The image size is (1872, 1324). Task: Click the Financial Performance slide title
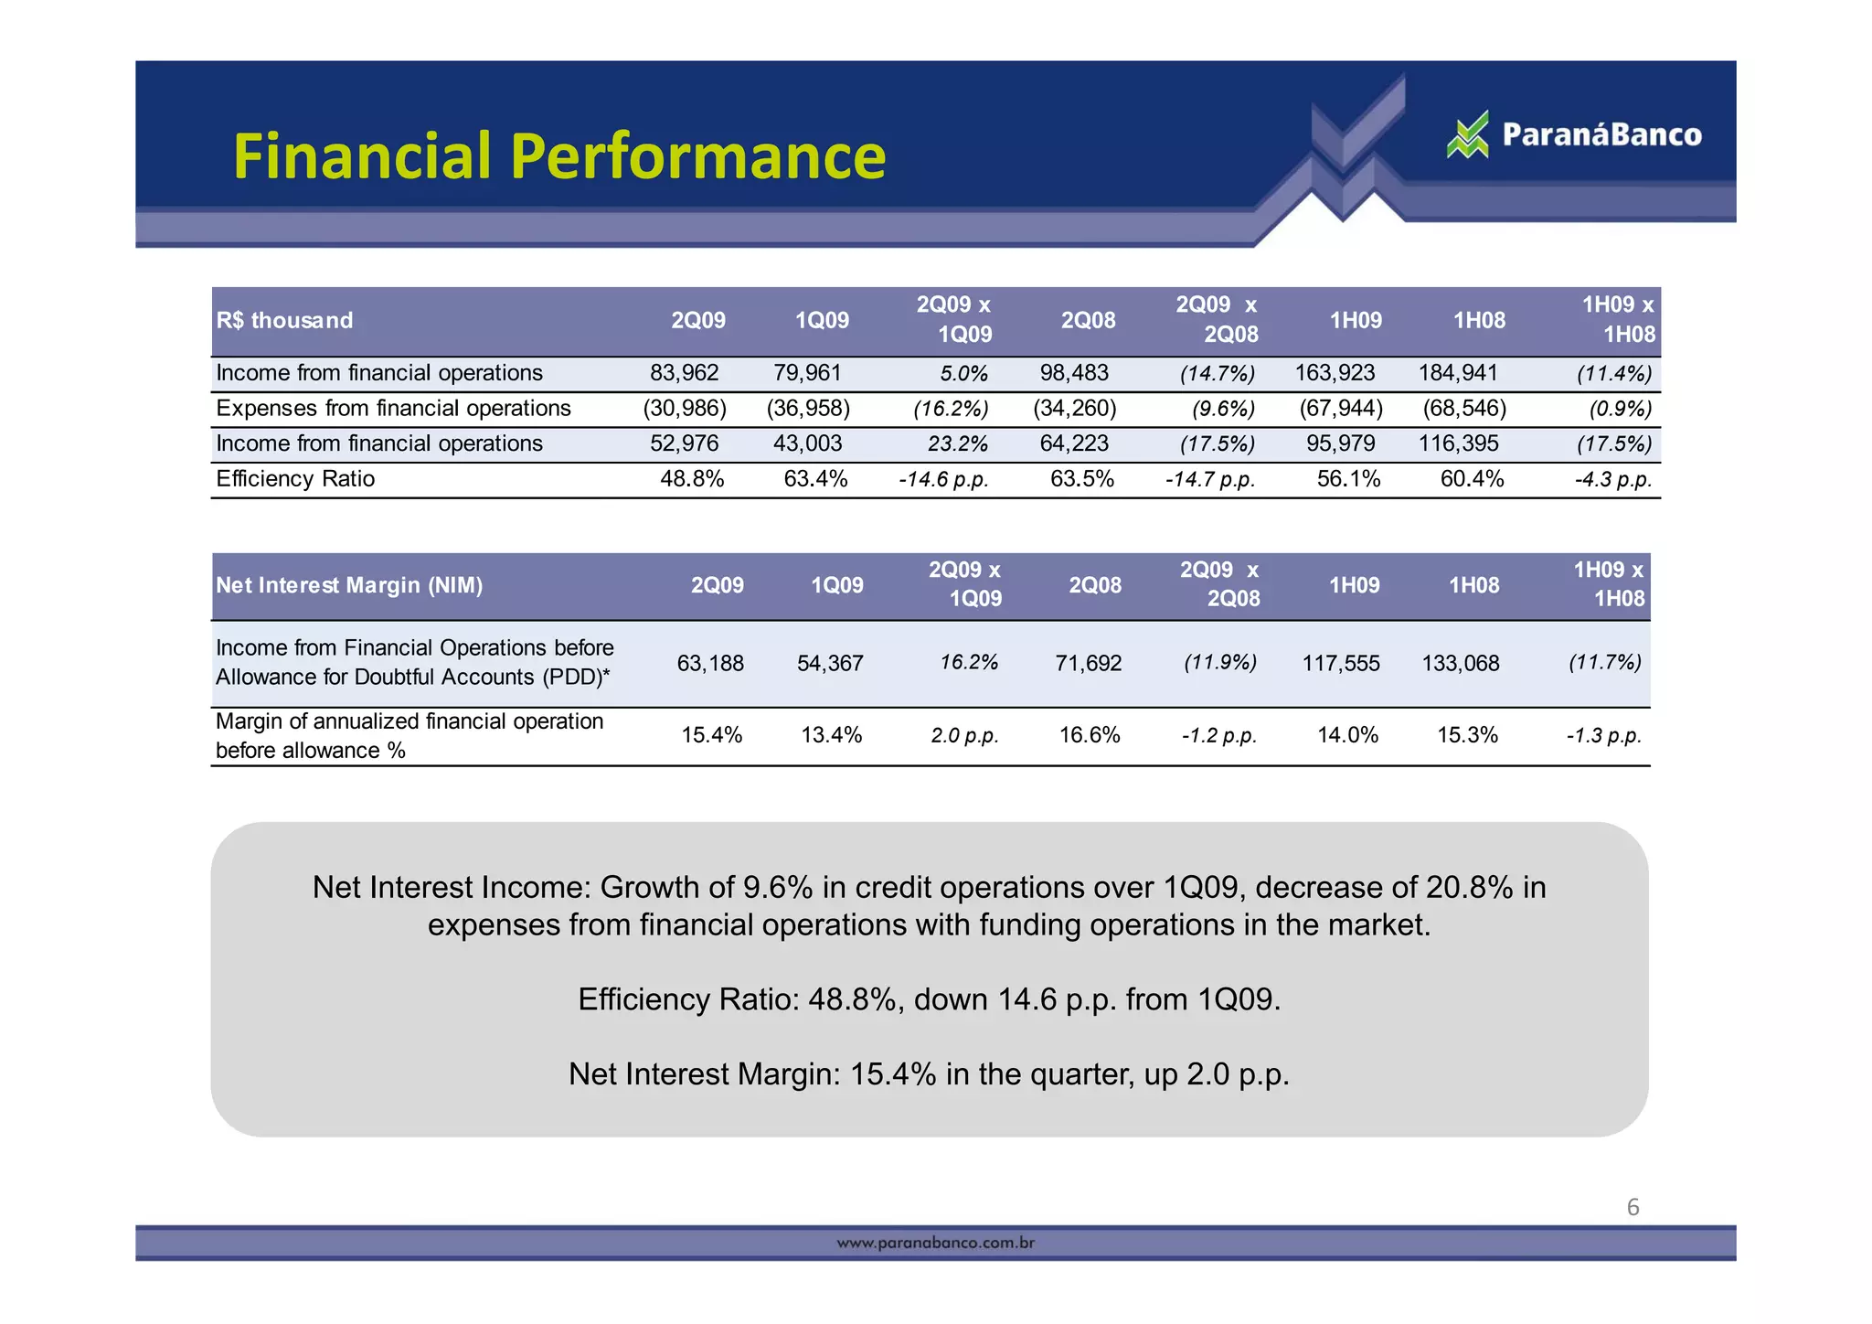point(559,155)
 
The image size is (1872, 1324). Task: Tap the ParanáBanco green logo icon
point(1468,135)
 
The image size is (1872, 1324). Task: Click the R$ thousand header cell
point(284,320)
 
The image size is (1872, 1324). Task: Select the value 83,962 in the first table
point(684,373)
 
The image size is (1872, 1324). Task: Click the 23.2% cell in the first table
point(957,444)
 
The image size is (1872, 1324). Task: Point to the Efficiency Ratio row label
point(295,479)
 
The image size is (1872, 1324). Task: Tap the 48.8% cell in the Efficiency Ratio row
point(692,479)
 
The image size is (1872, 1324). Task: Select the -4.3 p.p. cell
point(1612,480)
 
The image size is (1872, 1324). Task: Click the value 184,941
point(1458,373)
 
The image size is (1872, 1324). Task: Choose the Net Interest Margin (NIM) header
point(349,585)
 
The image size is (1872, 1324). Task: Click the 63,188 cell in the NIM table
point(710,664)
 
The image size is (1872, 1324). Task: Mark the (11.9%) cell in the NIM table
point(1219,662)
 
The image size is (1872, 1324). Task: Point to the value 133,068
point(1461,664)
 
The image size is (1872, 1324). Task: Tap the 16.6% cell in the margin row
point(1089,735)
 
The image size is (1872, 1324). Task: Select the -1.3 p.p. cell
point(1603,736)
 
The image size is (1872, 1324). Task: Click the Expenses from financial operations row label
point(393,409)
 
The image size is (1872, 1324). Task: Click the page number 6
point(1633,1208)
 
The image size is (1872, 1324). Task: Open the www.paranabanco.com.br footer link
point(936,1243)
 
